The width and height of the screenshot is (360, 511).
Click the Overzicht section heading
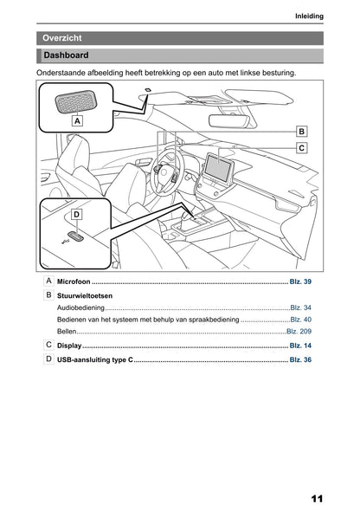click(62, 38)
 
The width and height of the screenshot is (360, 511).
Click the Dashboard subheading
click(66, 55)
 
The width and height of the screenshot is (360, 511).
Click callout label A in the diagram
click(77, 122)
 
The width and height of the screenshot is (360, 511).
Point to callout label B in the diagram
click(300, 131)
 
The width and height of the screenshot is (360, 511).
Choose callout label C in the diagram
click(300, 148)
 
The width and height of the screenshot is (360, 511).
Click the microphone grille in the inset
click(74, 101)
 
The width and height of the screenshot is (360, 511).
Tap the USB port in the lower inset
click(76, 234)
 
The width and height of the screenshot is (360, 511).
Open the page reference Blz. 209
click(299, 332)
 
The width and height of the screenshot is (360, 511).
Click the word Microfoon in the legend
click(74, 283)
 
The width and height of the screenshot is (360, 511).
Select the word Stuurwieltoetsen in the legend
click(83, 296)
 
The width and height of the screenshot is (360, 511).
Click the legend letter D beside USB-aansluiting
click(48, 358)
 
